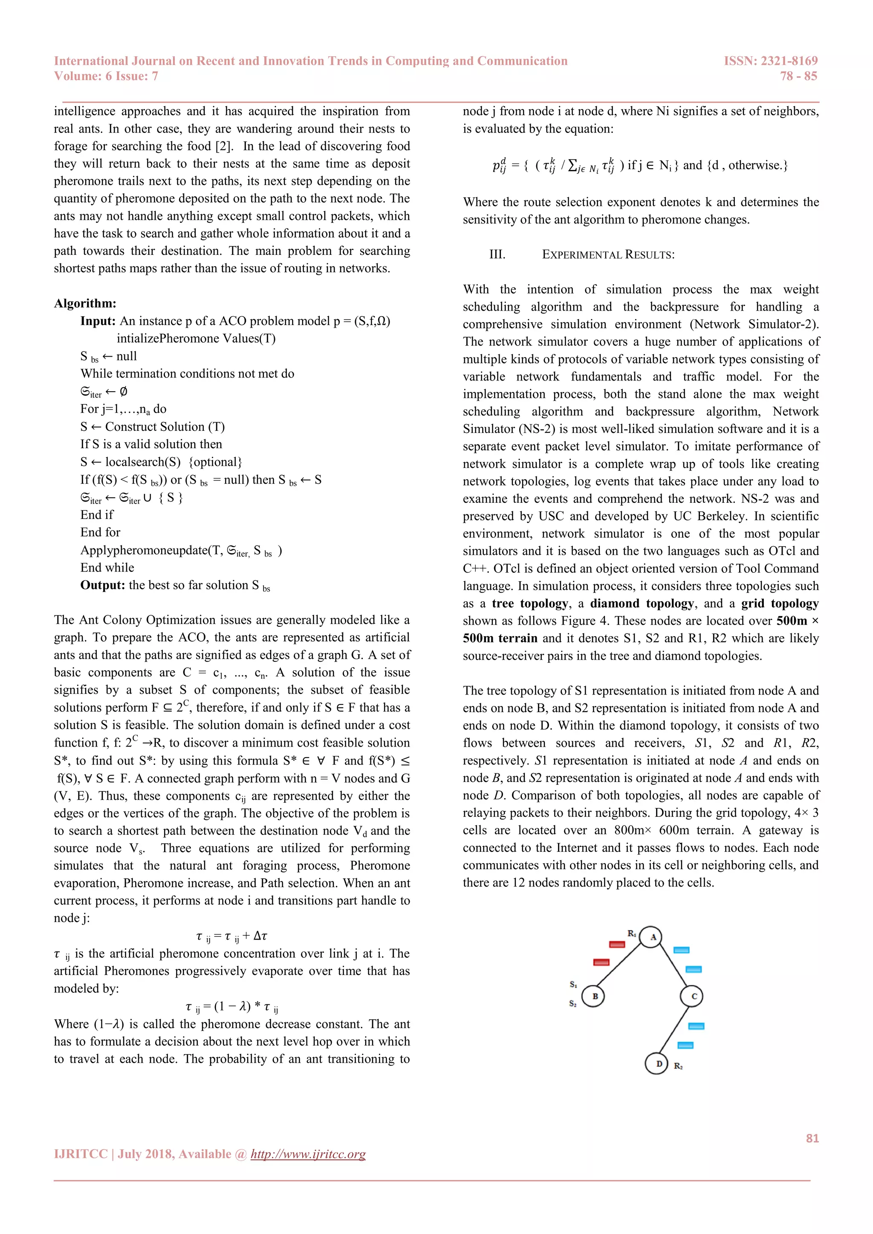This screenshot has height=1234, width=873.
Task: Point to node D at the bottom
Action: point(656,1064)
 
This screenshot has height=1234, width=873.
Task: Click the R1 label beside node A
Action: point(632,933)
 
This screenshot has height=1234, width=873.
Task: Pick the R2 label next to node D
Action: point(678,1066)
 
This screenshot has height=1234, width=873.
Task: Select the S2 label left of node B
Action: point(573,1003)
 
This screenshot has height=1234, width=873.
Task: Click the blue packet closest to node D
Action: point(685,1045)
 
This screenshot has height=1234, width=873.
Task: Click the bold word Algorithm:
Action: point(85,304)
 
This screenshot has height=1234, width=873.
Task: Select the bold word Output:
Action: point(103,585)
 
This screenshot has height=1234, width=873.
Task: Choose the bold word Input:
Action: point(98,321)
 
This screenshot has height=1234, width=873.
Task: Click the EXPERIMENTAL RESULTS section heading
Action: point(608,255)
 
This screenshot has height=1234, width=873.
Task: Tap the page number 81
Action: point(812,1138)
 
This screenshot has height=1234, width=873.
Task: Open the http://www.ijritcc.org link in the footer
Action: point(308,1154)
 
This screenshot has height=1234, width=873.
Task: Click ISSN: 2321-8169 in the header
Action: point(770,61)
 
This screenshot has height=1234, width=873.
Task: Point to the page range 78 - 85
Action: point(798,76)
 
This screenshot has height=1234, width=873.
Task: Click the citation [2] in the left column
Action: point(224,146)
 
